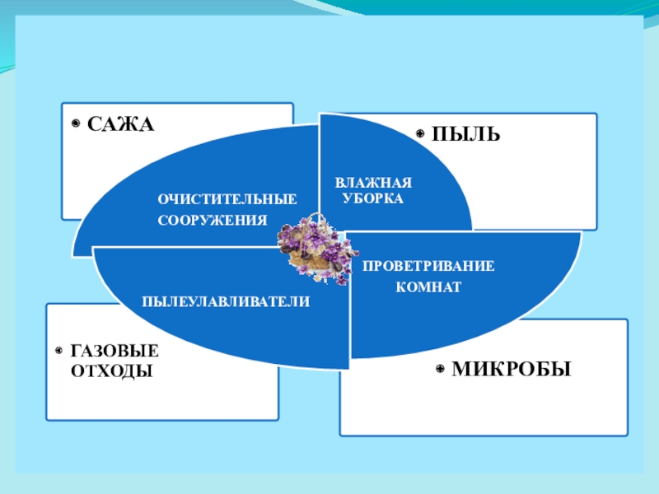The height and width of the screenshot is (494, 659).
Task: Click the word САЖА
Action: pyautogui.click(x=121, y=125)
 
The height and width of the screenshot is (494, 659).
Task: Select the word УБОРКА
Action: pyautogui.click(x=372, y=199)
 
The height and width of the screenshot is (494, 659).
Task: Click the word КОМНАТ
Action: pyautogui.click(x=428, y=287)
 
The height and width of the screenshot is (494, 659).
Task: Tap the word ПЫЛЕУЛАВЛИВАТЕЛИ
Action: pyautogui.click(x=226, y=302)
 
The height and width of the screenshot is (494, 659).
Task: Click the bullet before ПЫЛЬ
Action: pyautogui.click(x=419, y=133)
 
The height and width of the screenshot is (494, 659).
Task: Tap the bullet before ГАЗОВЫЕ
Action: pyautogui.click(x=59, y=351)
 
